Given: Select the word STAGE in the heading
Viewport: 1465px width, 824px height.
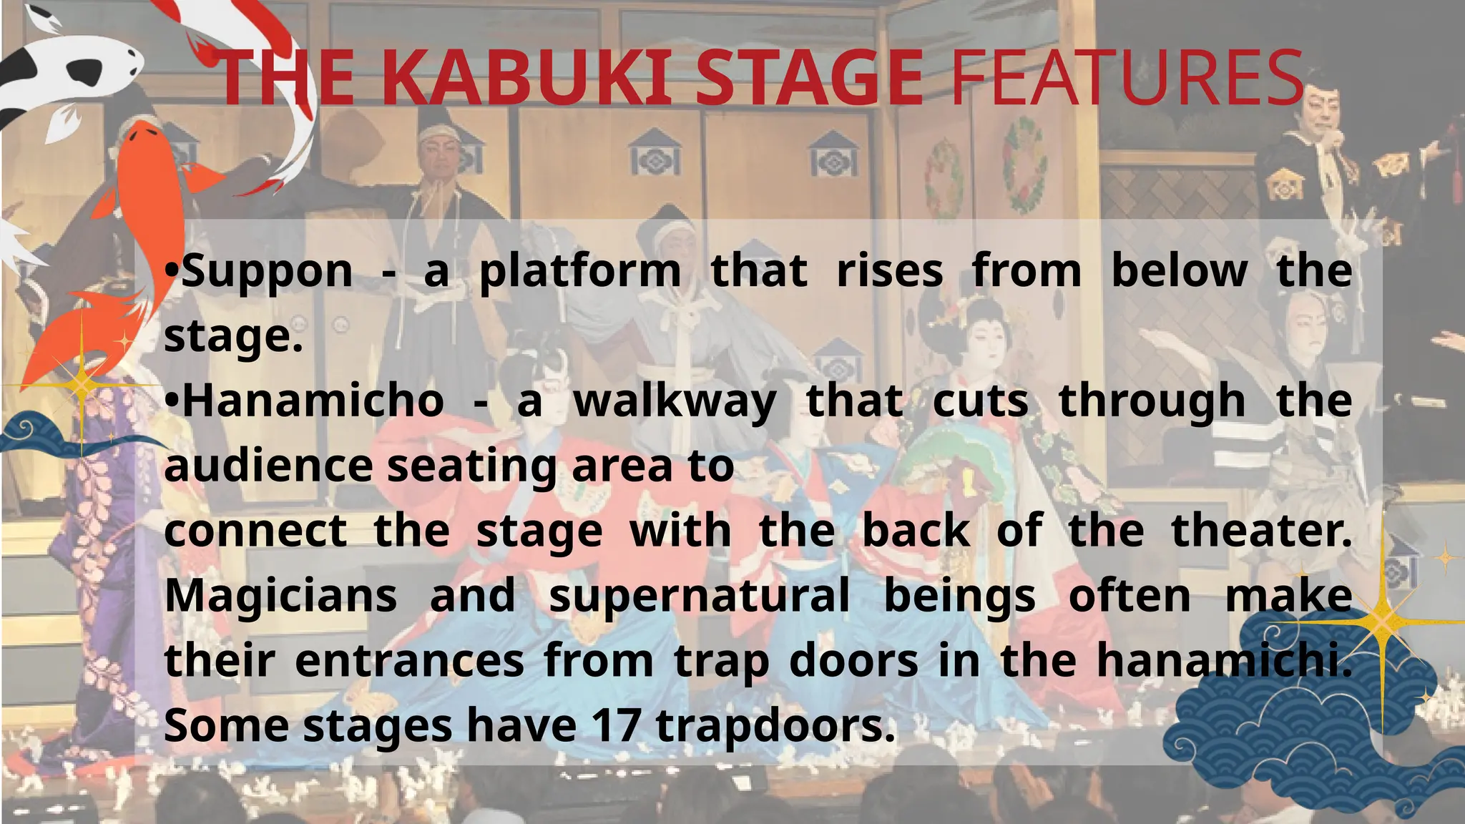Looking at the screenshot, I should [809, 77].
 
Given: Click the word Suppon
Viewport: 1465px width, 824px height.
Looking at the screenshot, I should [267, 272].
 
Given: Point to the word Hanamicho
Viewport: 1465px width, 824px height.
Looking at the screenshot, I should [313, 401].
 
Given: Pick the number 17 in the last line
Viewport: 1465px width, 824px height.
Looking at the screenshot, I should [615, 725].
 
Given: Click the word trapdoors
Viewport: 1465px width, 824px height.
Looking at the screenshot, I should [775, 727].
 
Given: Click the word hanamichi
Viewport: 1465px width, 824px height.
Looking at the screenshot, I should [1224, 661].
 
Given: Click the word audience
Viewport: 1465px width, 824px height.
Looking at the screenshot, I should [268, 466].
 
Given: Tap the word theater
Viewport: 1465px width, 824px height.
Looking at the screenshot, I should [1261, 531].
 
